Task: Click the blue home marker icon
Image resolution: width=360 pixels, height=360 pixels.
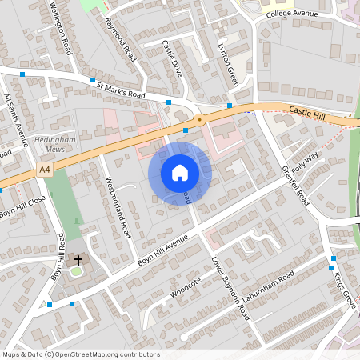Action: click(180, 173)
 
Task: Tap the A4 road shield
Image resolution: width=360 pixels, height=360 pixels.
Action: click(45, 170)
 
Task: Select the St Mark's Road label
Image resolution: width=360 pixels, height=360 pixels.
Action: click(121, 89)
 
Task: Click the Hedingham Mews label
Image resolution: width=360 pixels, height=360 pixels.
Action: click(54, 144)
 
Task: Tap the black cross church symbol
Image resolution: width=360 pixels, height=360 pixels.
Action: click(78, 259)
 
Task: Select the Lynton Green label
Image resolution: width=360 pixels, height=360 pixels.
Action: click(228, 64)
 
